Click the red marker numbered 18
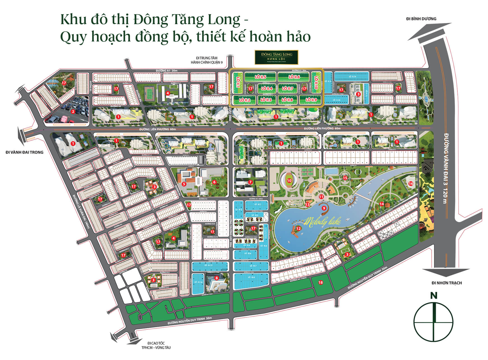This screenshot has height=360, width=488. [321, 282]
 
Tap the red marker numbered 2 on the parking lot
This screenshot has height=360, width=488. [73, 111]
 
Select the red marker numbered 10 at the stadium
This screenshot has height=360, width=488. [289, 181]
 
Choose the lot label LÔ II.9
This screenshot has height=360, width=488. [311, 100]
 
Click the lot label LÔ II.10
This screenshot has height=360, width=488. [316, 83]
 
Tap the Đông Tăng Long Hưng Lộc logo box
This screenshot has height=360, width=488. [276, 57]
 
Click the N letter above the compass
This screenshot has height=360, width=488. [434, 296]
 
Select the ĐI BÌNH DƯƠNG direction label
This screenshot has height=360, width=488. [421, 19]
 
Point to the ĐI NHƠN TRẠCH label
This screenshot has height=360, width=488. [446, 283]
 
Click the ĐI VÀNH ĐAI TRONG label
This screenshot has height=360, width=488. [24, 152]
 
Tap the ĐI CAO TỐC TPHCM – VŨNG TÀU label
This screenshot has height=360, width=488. [156, 345]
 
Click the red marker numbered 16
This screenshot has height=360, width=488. [411, 184]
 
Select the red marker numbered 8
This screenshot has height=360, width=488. [216, 278]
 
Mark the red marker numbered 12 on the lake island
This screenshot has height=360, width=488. [298, 228]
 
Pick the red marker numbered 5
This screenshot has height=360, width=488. [184, 184]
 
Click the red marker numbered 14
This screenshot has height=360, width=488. [381, 204]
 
